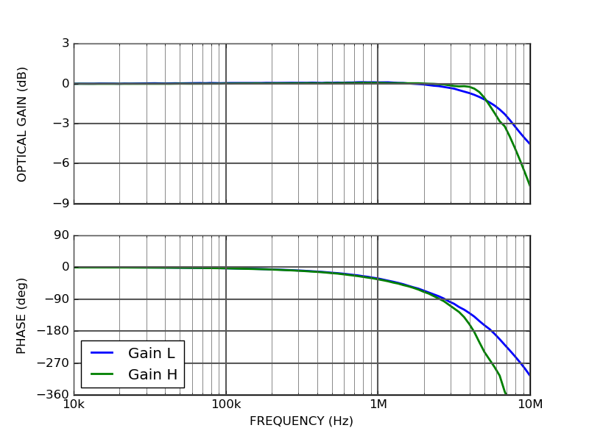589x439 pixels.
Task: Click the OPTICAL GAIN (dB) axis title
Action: click(22, 124)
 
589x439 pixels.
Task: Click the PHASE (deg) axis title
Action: click(22, 315)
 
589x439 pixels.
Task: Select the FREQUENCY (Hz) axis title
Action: click(301, 421)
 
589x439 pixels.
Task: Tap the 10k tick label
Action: click(74, 405)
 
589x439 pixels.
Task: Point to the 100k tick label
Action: click(225, 405)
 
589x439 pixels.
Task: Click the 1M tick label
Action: click(378, 405)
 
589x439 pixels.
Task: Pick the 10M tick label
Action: click(530, 405)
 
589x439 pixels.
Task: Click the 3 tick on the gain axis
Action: click(66, 43)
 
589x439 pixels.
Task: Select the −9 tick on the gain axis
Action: click(60, 204)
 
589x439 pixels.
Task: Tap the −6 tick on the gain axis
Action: click(60, 164)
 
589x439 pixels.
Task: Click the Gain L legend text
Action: click(152, 353)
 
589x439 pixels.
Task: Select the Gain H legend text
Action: click(152, 375)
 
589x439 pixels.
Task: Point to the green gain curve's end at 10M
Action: click(529, 185)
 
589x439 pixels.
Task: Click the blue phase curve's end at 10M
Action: click(529, 375)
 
